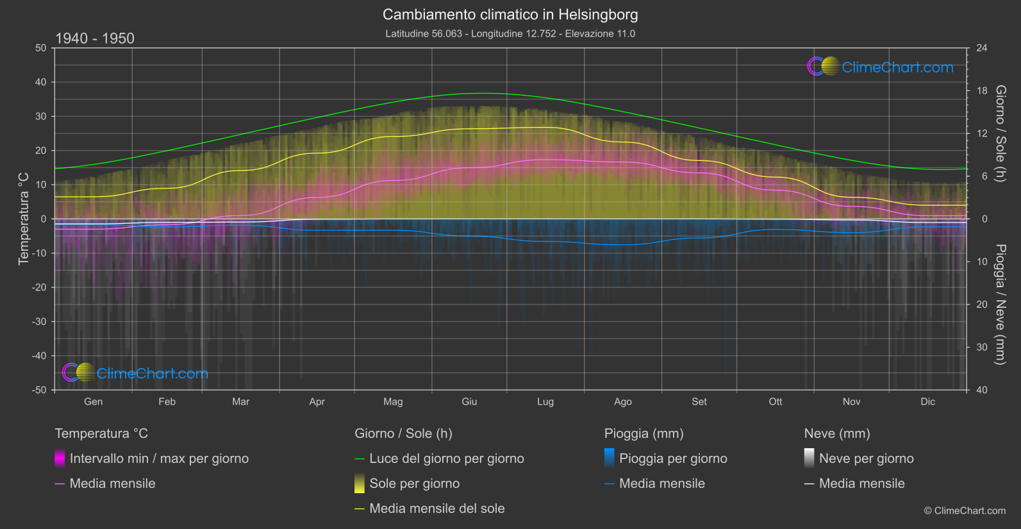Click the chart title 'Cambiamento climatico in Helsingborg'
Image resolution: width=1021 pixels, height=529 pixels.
pos(510,15)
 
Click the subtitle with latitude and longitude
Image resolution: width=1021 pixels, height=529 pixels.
pos(510,33)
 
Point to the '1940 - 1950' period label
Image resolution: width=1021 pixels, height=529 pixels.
pos(95,38)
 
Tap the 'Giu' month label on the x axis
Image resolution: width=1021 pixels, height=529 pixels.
pos(469,401)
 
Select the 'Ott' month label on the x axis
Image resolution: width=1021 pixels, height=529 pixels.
pos(776,401)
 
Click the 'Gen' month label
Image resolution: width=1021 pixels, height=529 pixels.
pos(93,401)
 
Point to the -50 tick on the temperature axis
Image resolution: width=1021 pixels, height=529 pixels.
pos(40,390)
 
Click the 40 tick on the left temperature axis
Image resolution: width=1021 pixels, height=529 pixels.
pos(41,82)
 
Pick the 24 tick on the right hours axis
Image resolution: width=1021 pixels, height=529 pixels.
pos(981,48)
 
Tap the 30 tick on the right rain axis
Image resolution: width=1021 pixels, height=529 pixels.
pos(981,347)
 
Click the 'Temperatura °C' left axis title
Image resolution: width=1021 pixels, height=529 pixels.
pos(24,219)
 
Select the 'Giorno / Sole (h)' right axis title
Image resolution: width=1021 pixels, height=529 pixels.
pos(1000,133)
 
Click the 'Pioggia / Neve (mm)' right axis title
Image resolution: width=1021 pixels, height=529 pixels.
pos(1000,305)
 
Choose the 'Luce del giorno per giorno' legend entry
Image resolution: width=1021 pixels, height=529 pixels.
pos(446,458)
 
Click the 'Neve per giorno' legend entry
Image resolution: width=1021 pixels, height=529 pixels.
pos(866,458)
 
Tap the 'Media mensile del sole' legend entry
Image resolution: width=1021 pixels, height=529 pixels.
pos(436,508)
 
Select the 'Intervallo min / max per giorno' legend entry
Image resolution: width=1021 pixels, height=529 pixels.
pos(159,458)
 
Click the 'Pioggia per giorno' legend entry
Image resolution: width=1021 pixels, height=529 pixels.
pos(673,458)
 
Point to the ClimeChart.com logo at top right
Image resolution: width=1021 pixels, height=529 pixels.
pos(881,67)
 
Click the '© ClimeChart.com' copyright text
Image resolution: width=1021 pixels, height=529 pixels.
pos(965,510)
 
